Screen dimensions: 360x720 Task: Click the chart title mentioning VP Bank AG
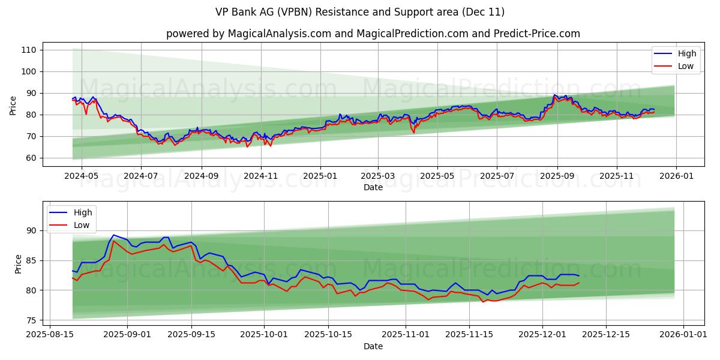pos(360,12)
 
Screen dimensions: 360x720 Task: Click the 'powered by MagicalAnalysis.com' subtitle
pos(373,34)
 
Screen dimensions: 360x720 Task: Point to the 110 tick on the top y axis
pos(29,50)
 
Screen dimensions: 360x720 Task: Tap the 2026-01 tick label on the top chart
pos(676,176)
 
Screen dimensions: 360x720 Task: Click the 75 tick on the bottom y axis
pos(31,320)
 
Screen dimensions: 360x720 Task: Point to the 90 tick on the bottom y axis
pos(31,230)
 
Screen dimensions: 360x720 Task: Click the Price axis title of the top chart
pos(13,106)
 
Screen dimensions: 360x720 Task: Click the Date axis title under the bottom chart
pos(373,346)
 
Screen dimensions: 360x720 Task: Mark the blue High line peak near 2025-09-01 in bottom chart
pos(113,235)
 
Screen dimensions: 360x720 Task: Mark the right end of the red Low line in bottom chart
pos(579,283)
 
